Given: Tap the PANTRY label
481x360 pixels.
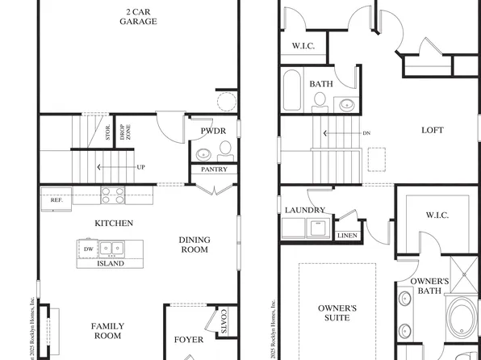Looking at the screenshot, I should pyautogui.click(x=213, y=170).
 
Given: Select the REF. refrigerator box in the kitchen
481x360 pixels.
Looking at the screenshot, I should pyautogui.click(x=56, y=199).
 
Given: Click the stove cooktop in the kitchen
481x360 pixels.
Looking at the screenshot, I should pyautogui.click(x=113, y=195).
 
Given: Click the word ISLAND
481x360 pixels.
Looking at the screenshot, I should pyautogui.click(x=111, y=263).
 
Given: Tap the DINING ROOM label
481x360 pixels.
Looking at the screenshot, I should pyautogui.click(x=194, y=245).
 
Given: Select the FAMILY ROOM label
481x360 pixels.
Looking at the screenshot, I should pyautogui.click(x=107, y=330).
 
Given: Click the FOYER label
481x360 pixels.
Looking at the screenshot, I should pyautogui.click(x=189, y=340).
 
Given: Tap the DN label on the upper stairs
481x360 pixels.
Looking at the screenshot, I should pyautogui.click(x=366, y=133).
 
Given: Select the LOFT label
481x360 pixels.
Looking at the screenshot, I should pyautogui.click(x=433, y=130).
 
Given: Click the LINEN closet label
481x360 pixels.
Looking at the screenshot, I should pyautogui.click(x=346, y=236).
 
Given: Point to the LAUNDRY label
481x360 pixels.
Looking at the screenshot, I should pyautogui.click(x=305, y=210).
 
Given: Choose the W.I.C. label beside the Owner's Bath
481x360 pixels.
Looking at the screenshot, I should pyautogui.click(x=437, y=216).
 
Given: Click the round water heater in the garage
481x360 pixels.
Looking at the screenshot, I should pyautogui.click(x=228, y=101).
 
